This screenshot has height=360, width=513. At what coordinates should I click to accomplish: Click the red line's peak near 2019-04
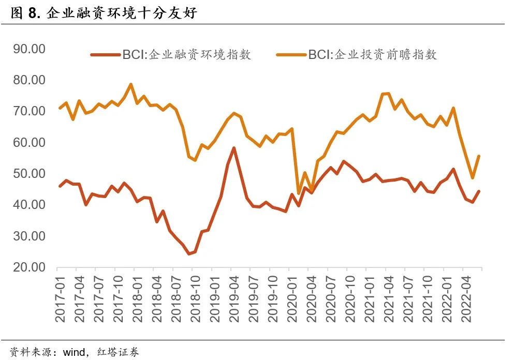234,148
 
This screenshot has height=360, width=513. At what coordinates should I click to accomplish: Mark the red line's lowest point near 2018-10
189,253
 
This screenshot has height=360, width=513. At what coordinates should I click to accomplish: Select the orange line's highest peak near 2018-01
131,84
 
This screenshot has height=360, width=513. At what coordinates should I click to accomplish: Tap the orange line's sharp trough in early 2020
298,193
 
